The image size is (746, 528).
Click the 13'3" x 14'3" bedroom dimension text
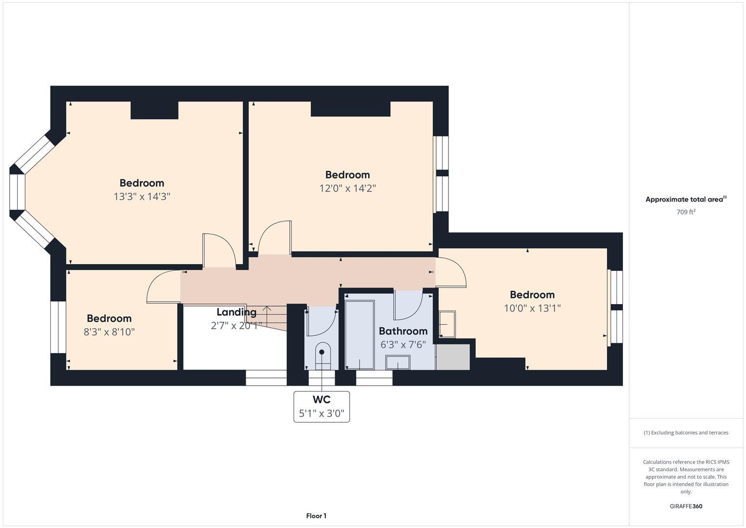coord(142,197)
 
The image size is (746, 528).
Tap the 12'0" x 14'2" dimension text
coord(347,188)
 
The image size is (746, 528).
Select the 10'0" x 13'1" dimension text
coord(532,308)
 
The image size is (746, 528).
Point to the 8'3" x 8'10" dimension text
coord(109,332)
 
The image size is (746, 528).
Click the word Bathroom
coord(403,331)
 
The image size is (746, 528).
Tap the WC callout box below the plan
coord(321,406)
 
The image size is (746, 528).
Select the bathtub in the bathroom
coord(360,335)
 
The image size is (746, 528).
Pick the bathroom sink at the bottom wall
coord(398,363)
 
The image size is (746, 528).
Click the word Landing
coord(236,312)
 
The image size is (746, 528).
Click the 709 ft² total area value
coord(686,212)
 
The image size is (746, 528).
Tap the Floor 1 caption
coord(316,516)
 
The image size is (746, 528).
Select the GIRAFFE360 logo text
coord(686,506)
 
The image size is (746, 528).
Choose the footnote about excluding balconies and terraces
coord(686,433)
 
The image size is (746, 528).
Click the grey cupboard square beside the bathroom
coord(453,357)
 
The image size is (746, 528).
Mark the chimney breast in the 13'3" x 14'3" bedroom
coord(154,110)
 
